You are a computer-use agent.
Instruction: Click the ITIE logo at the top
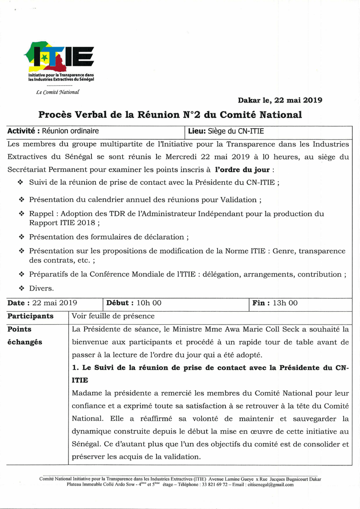click(60, 56)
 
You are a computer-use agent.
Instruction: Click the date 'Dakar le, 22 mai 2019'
click(279, 100)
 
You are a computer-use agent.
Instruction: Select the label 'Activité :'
click(23, 131)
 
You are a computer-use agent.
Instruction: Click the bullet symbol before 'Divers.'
click(21, 288)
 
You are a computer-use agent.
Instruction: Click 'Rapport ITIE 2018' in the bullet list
click(62, 223)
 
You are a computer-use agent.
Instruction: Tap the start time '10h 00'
click(149, 304)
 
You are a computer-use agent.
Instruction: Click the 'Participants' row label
click(30, 316)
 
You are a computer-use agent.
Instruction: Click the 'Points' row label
click(19, 329)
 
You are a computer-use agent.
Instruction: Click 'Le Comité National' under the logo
click(58, 92)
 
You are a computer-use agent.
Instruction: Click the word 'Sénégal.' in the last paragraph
click(85, 444)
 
